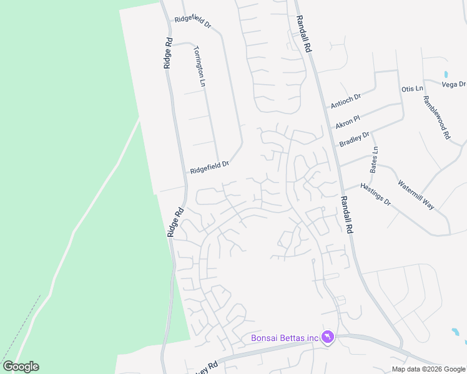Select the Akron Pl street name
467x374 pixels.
(x=348, y=117)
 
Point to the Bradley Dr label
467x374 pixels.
(x=355, y=138)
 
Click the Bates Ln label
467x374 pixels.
(x=375, y=160)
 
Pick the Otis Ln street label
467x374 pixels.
(x=412, y=89)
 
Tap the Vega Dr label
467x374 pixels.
(x=454, y=84)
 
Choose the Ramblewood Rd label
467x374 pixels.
(x=436, y=117)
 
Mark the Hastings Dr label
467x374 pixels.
(x=376, y=193)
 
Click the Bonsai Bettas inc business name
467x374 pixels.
(x=285, y=338)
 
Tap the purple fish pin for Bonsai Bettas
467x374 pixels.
(x=328, y=337)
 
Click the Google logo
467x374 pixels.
(x=21, y=367)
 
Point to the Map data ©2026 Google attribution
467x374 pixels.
(x=428, y=369)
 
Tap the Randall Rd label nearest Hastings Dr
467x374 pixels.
(x=347, y=214)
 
